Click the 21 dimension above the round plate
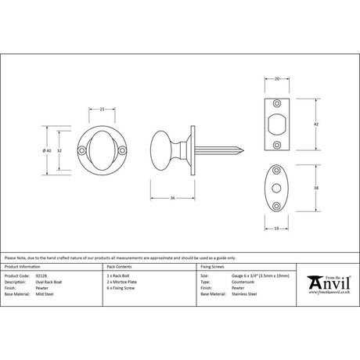[x=102, y=109]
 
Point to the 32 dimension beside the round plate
[x=63, y=150]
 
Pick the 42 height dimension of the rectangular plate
[x=315, y=124]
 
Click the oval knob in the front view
[x=102, y=151]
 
